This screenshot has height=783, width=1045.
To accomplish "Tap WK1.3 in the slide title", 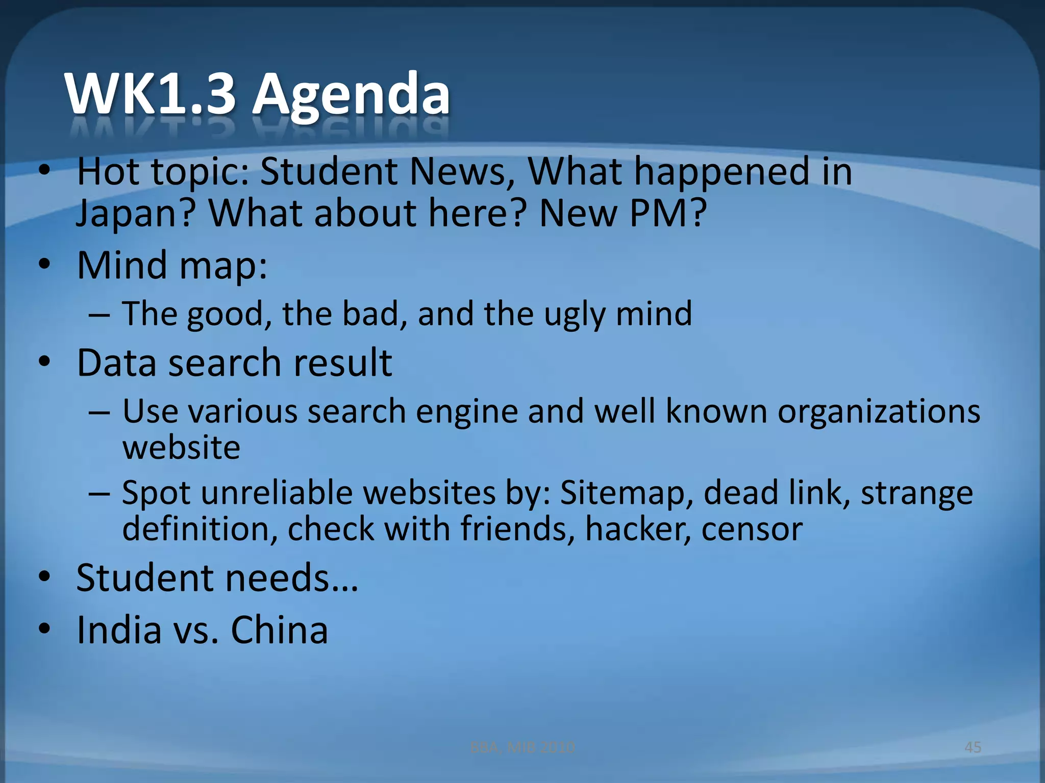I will click(x=151, y=94).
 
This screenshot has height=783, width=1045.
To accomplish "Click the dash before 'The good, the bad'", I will click(x=99, y=315).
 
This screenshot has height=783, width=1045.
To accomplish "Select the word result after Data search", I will click(x=342, y=362).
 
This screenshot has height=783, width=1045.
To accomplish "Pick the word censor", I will click(x=752, y=529).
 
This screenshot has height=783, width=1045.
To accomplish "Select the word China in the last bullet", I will click(x=279, y=630).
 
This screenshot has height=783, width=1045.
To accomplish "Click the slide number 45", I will click(x=973, y=747).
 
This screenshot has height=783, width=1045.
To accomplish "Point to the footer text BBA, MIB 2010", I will click(x=522, y=747).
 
